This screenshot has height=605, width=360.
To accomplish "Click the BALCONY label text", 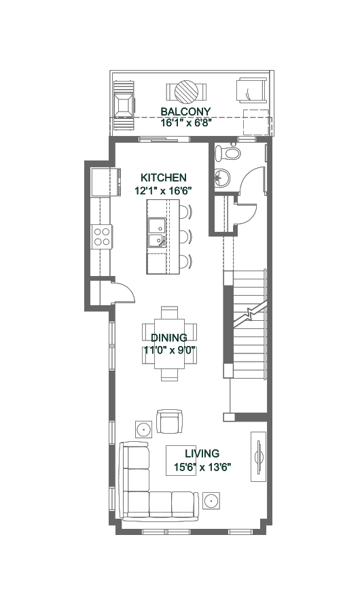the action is (186, 111).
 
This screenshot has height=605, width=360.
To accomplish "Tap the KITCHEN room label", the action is (164, 178).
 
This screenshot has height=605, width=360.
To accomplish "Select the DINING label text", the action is (169, 338).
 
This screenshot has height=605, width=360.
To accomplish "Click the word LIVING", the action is (202, 454).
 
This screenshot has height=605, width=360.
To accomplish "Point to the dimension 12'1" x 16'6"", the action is (164, 190).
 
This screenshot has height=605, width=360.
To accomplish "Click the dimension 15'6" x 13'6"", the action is (202, 467).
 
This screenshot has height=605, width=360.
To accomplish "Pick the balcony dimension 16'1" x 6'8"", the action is (187, 124).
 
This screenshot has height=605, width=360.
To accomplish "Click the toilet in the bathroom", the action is (228, 153).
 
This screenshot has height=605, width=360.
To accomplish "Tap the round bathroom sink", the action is (222, 178).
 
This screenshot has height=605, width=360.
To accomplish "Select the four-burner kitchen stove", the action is (102, 237).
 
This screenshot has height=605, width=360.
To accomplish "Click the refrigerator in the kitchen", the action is (104, 182).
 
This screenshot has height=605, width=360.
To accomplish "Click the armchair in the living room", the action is (169, 421).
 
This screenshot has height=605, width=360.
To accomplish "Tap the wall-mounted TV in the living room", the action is (259, 456).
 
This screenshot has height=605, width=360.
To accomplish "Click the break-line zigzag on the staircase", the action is (249, 315).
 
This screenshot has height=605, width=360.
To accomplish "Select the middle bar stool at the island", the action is (185, 237).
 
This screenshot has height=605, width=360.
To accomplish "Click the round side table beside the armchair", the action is (144, 429).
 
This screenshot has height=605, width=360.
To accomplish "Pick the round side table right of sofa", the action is (211, 501).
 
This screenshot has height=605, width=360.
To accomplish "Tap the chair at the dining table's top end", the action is (170, 312).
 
